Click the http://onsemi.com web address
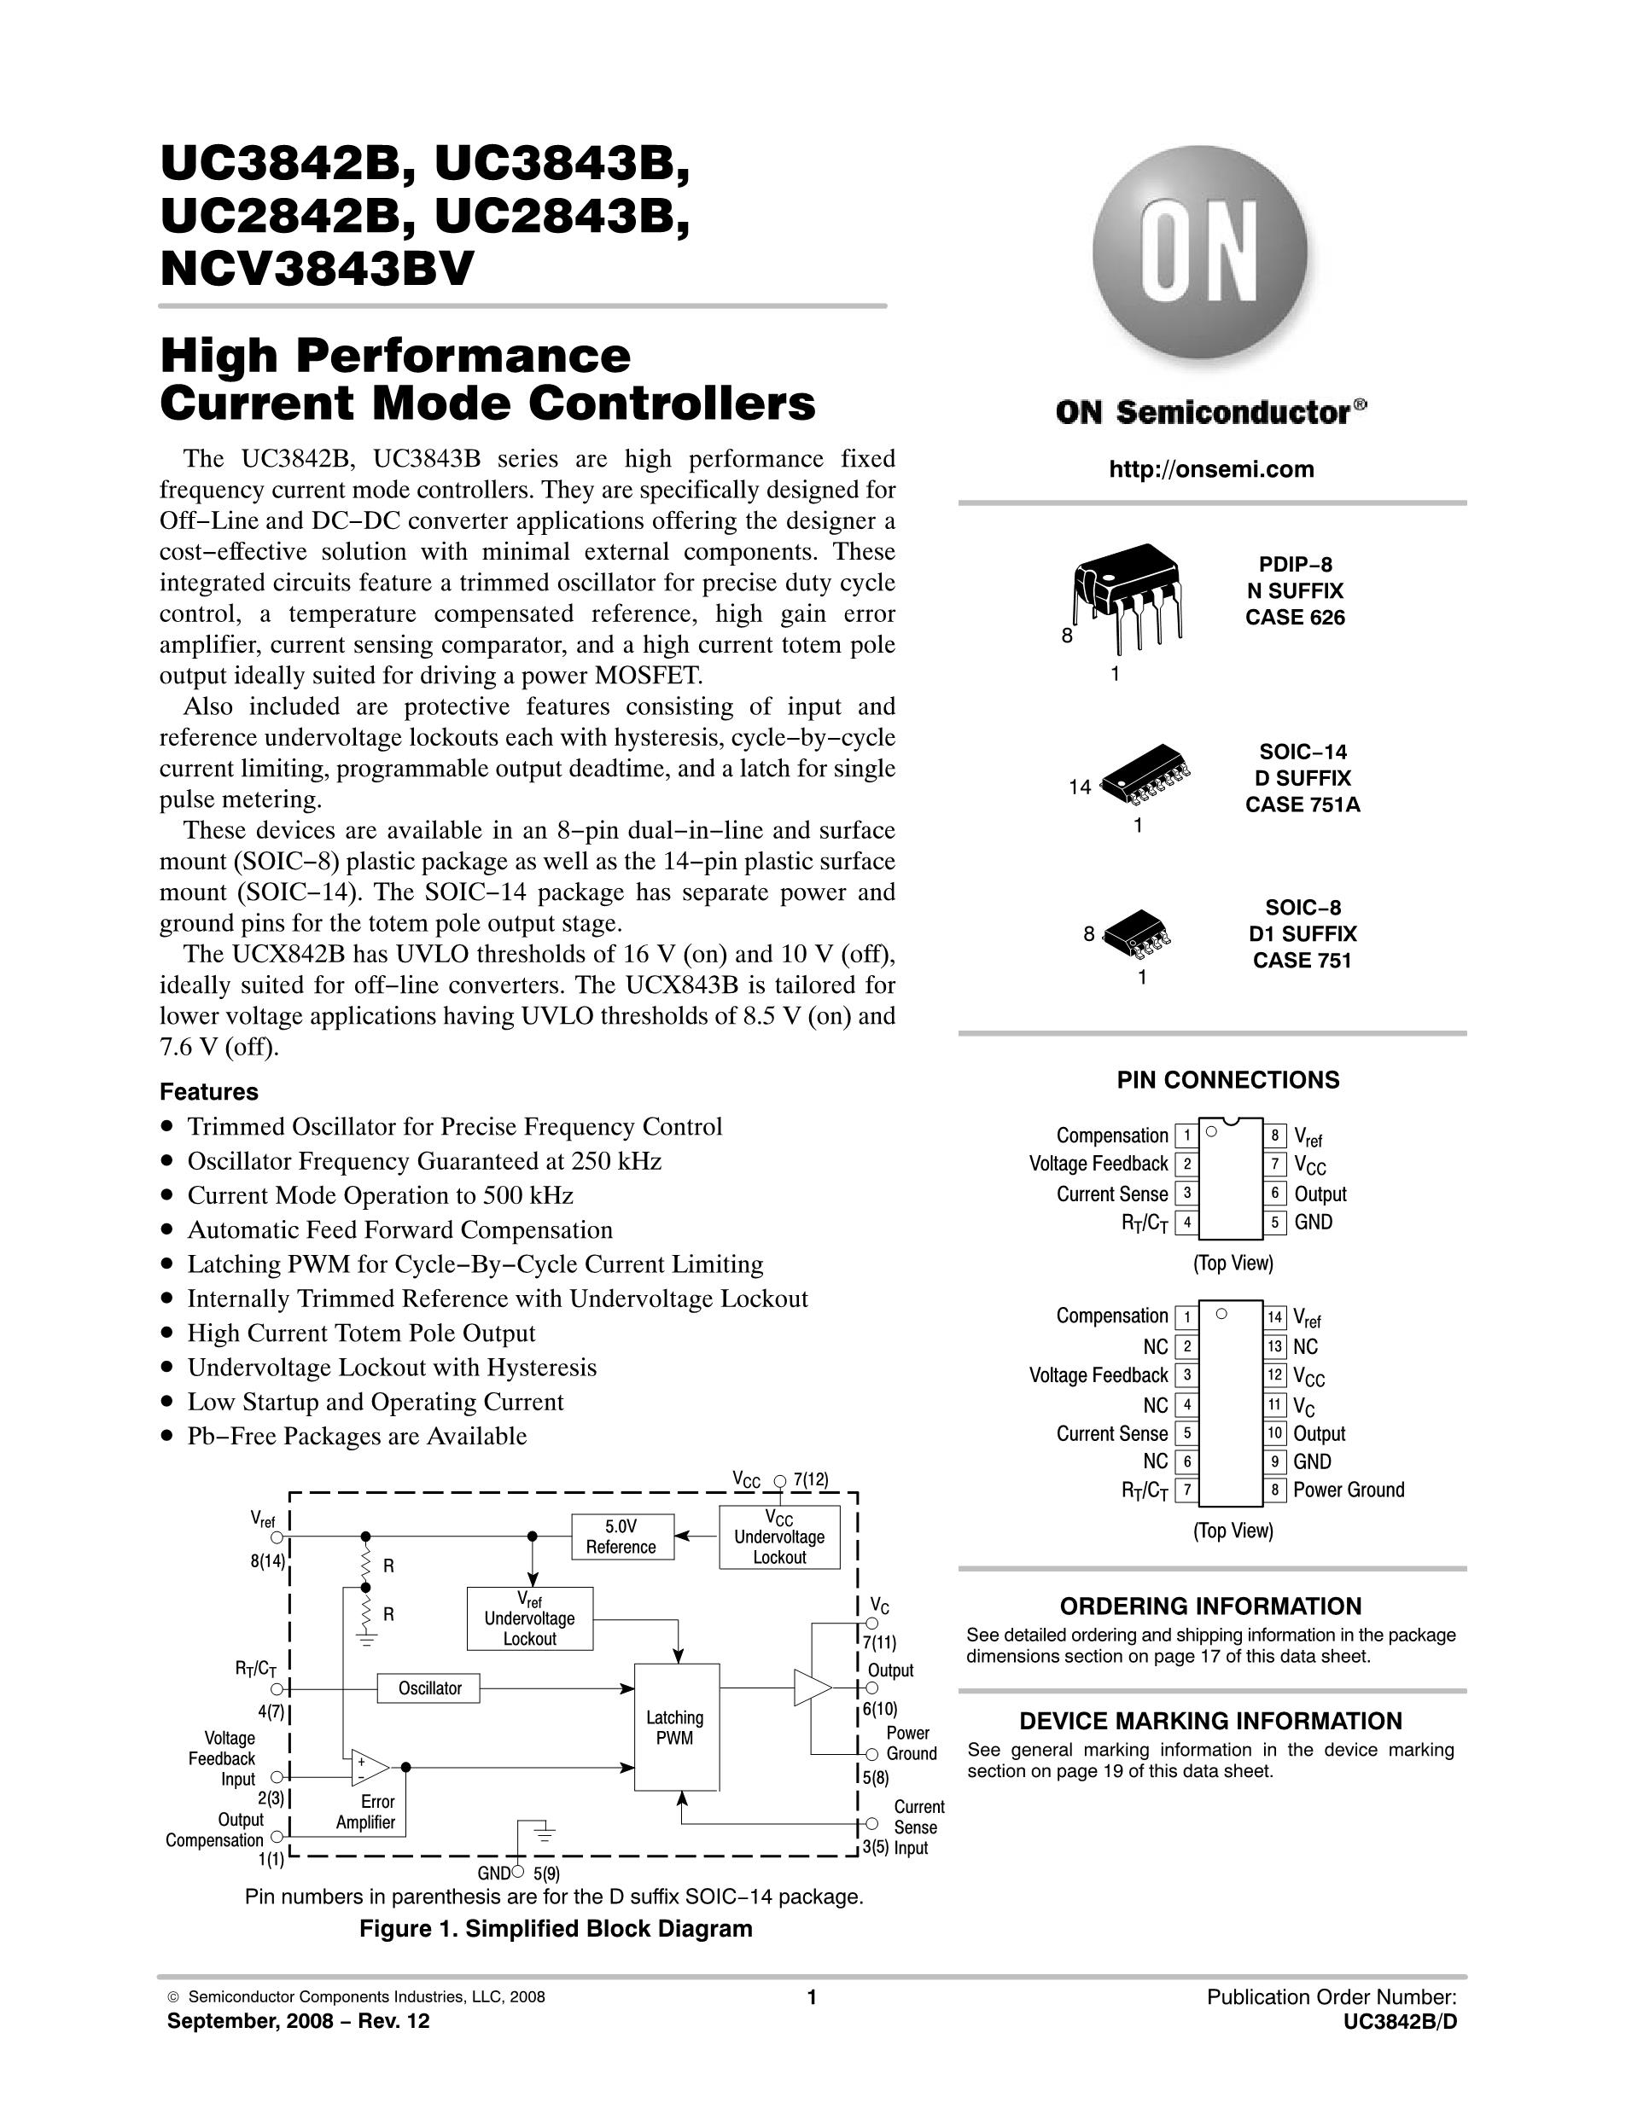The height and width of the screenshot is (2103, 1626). point(1211,469)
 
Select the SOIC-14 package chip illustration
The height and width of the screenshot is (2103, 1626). point(1145,776)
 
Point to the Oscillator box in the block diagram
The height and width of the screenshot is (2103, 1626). point(429,1688)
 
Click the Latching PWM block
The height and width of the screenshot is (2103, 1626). point(676,1727)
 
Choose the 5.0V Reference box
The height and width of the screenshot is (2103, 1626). point(621,1537)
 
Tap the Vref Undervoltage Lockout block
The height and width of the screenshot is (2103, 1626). point(529,1618)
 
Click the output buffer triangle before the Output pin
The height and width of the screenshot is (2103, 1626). point(811,1688)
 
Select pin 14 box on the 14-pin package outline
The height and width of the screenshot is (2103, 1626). point(1274,1317)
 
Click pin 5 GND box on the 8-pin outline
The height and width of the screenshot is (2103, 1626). point(1274,1223)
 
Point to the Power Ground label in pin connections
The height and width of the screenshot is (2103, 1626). point(1348,1490)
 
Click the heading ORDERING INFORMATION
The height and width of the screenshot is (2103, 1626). point(1209,1606)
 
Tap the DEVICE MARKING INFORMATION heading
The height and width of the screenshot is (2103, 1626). point(1209,1721)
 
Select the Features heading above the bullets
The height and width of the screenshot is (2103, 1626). point(209,1092)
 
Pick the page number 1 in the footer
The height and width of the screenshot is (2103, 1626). point(811,1997)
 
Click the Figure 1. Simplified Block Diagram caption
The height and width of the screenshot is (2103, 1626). point(555,1929)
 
